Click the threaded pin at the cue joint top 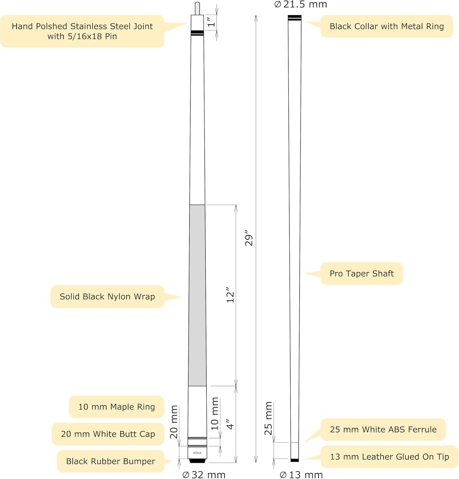pyautogui.click(x=197, y=8)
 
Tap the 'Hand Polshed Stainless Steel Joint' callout pyautogui.click(x=82, y=31)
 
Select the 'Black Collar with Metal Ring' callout pyautogui.click(x=387, y=26)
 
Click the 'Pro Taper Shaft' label pyautogui.click(x=361, y=274)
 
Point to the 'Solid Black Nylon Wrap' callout pyautogui.click(x=107, y=297)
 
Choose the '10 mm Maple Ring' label pyautogui.click(x=117, y=407)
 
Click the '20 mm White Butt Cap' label pyautogui.click(x=108, y=434)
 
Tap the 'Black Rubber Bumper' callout pyautogui.click(x=110, y=461)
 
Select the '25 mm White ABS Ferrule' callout pyautogui.click(x=383, y=430)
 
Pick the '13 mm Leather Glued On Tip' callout pyautogui.click(x=389, y=457)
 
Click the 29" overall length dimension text pyautogui.click(x=249, y=238)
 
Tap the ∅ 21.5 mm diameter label pyautogui.click(x=301, y=4)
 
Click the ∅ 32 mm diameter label pyautogui.click(x=204, y=475)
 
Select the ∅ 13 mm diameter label pyautogui.click(x=301, y=475)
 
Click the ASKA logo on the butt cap pyautogui.click(x=197, y=453)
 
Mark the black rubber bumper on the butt pyautogui.click(x=197, y=461)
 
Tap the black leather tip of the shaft pyautogui.click(x=295, y=460)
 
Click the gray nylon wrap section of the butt pyautogui.click(x=197, y=295)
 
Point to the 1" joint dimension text pyautogui.click(x=211, y=22)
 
